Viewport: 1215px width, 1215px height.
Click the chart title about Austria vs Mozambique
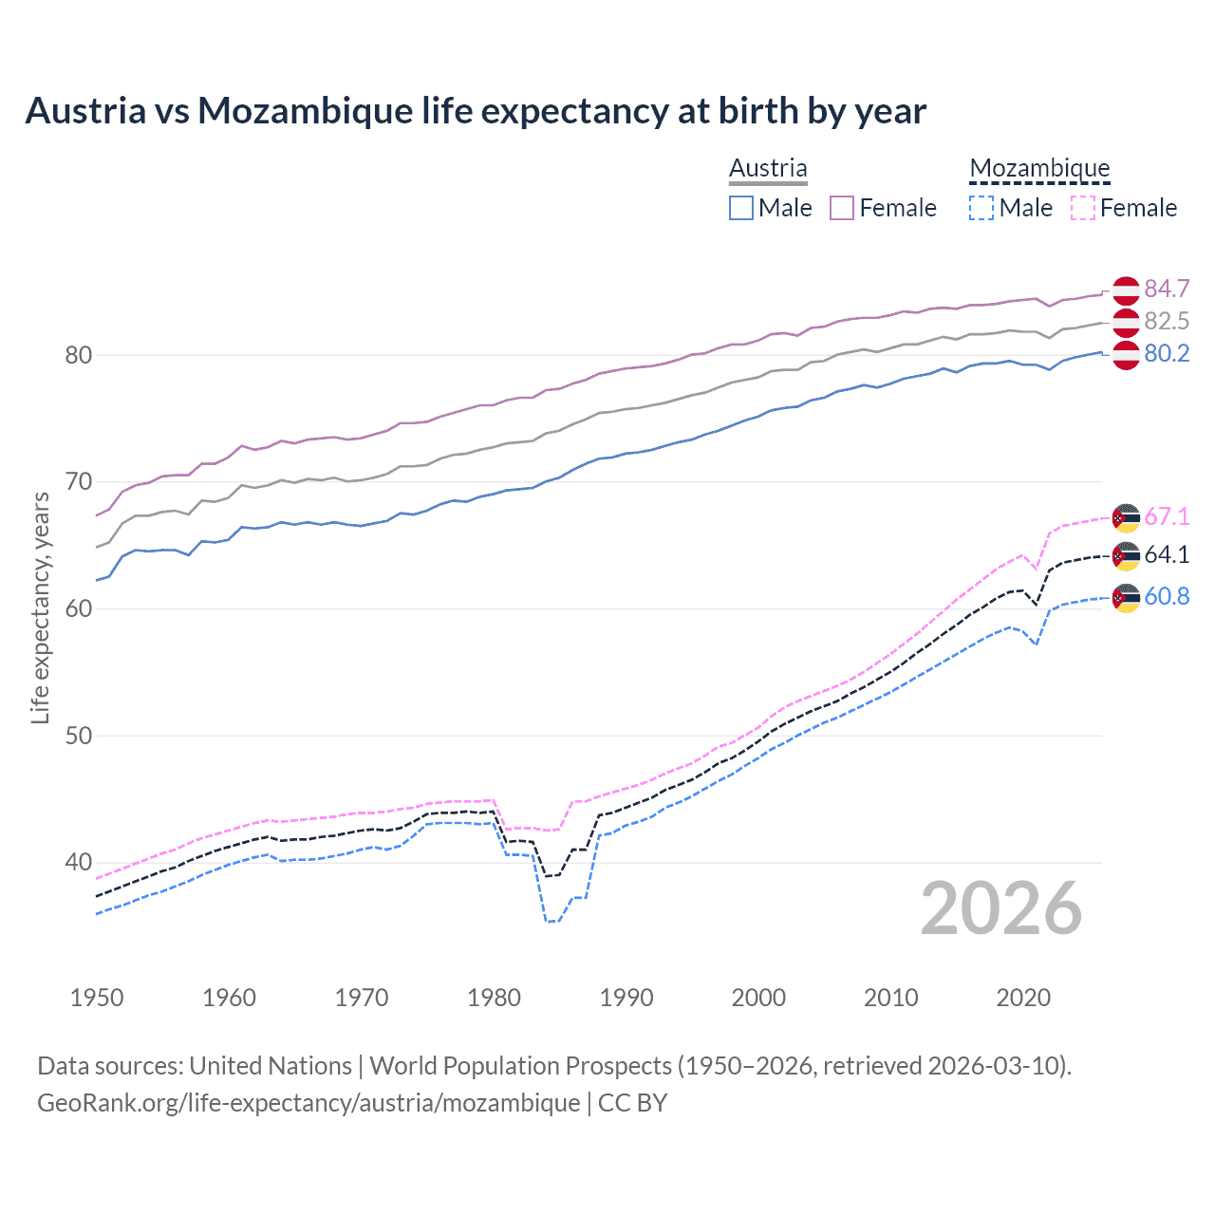475,111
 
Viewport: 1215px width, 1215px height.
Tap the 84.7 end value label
1167,289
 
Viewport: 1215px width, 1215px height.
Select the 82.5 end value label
1167,321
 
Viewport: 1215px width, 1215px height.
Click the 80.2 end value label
1167,353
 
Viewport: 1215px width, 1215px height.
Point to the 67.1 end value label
1167,516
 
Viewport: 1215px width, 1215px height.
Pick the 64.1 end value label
1167,554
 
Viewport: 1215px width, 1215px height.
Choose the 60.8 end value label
1167,596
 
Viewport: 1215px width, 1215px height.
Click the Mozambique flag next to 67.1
1126,518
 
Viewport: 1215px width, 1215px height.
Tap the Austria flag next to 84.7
1126,290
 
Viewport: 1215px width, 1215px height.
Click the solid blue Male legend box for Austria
741,208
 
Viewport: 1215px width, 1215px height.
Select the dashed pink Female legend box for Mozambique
1083,208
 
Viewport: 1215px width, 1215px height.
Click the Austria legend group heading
768,168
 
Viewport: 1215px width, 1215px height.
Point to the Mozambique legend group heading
1039,168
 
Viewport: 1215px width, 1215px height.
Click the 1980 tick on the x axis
495,998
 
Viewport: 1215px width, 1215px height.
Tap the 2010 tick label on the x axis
890,998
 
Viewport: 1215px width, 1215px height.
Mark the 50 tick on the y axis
78,736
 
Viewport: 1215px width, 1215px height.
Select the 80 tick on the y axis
78,355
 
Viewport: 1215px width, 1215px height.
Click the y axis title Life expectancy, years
40,607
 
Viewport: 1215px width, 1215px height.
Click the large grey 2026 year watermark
1001,908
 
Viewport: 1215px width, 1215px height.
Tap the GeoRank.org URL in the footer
308,1102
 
